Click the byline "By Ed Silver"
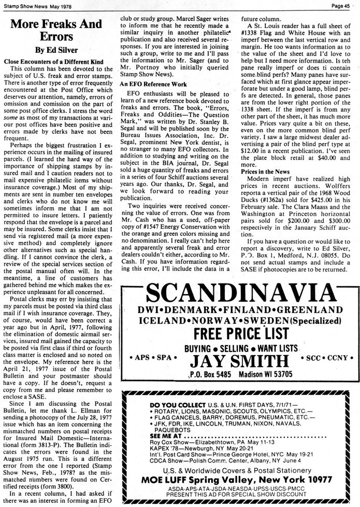[56, 50]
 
